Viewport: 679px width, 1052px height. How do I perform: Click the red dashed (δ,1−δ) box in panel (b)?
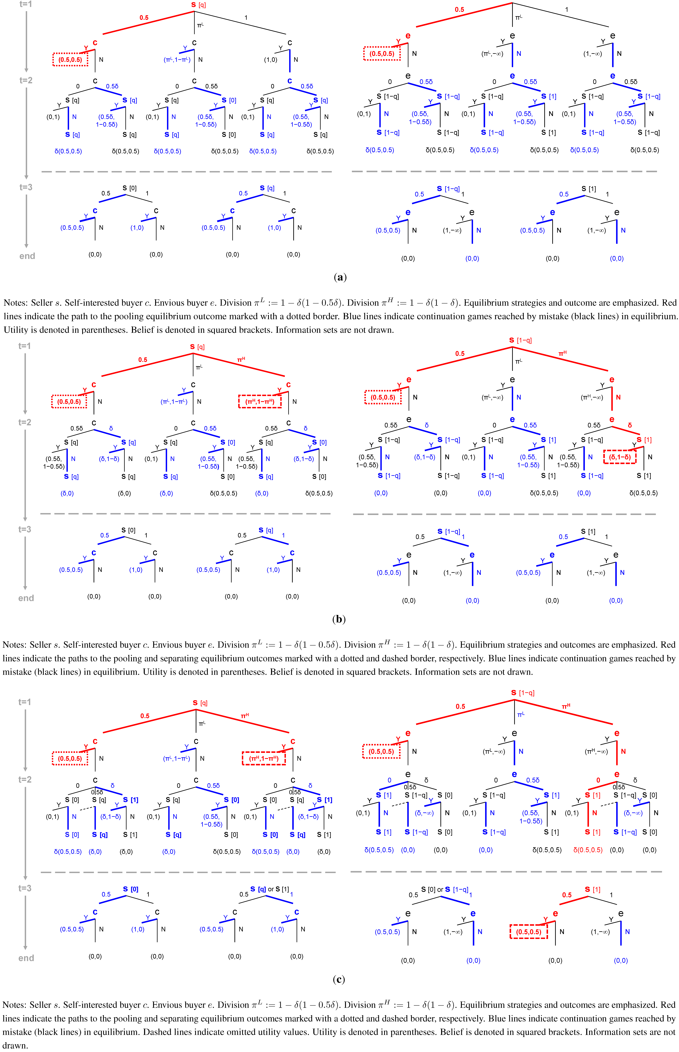click(620, 457)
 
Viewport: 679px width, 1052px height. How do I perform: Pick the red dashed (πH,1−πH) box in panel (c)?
click(264, 758)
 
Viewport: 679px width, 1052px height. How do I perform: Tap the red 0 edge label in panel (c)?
click(598, 780)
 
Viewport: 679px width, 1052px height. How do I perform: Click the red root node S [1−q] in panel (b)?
click(520, 340)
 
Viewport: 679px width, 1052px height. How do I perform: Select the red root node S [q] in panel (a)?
click(198, 5)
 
